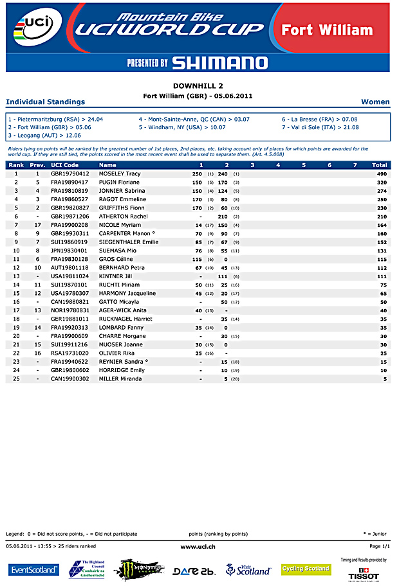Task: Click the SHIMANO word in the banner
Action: (219, 62)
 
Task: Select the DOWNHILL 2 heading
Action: (198, 85)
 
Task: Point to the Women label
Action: (375, 102)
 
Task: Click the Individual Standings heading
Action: (45, 102)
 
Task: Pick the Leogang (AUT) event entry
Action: (44, 135)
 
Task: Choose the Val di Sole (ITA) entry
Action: (320, 127)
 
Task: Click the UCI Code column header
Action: (64, 165)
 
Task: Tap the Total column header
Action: (379, 165)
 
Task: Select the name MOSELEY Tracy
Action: (120, 174)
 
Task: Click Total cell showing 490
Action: (381, 174)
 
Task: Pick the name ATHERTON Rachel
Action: (123, 217)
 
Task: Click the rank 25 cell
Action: (15, 379)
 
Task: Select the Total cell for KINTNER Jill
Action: (381, 276)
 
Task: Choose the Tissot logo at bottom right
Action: (364, 574)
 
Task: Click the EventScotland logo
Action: (33, 570)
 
